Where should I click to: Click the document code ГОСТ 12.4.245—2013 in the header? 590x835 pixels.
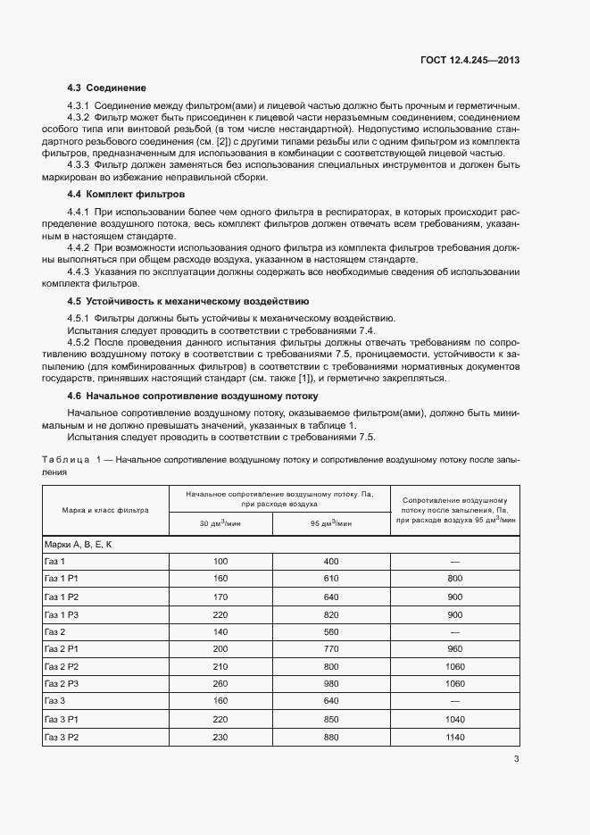[470, 60]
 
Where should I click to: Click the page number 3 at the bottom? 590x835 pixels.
[517, 760]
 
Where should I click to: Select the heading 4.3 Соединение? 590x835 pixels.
[106, 88]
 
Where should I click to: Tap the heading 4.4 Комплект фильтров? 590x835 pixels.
[126, 193]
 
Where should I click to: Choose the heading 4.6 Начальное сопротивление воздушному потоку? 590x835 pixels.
[193, 395]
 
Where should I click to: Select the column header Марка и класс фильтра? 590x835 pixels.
[105, 510]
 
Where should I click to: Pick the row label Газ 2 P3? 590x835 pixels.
[62, 683]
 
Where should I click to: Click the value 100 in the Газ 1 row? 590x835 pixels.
[220, 561]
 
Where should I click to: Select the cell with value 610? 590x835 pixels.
[330, 579]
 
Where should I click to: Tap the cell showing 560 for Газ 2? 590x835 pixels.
[330, 630]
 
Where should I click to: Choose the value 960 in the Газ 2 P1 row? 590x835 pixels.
[454, 648]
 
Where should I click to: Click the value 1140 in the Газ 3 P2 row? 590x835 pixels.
[454, 736]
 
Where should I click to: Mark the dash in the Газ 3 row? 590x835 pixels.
[454, 701]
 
